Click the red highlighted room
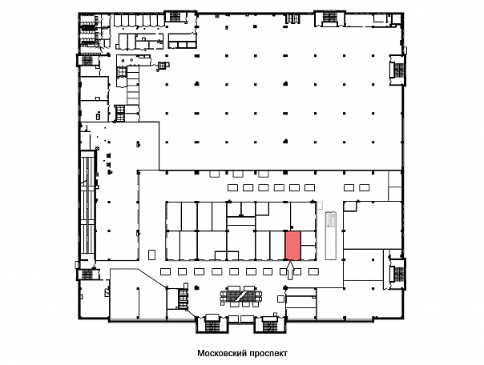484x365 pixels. pyautogui.click(x=292, y=246)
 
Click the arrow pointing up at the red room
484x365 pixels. pyautogui.click(x=290, y=271)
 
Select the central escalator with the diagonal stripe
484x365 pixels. pyautogui.click(x=241, y=295)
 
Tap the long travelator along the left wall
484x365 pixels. pyautogui.click(x=88, y=205)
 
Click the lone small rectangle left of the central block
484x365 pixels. pyautogui.click(x=152, y=255)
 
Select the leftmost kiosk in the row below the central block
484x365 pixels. pyautogui.click(x=165, y=271)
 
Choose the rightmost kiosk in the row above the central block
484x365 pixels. pyautogui.click(x=365, y=187)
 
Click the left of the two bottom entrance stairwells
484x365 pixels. pyautogui.click(x=212, y=323)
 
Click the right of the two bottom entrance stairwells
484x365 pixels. pyautogui.click(x=270, y=323)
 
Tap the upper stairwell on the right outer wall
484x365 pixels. pyautogui.click(x=398, y=70)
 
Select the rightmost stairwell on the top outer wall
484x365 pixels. pyautogui.click(x=329, y=18)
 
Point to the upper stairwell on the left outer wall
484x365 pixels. pyautogui.click(x=88, y=60)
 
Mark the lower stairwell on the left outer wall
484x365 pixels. pyautogui.click(x=88, y=274)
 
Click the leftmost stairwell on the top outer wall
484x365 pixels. pyautogui.click(x=175, y=17)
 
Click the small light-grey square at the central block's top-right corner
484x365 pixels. pyautogui.click(x=320, y=205)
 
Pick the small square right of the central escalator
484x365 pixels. pyautogui.click(x=280, y=299)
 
